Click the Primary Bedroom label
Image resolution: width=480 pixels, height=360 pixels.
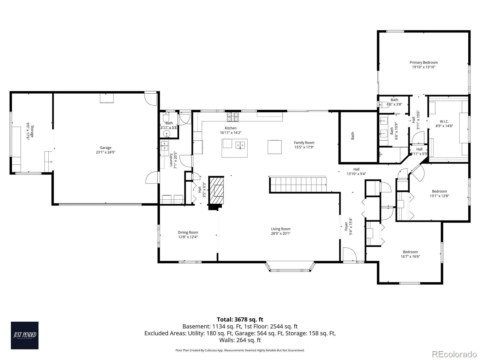424,62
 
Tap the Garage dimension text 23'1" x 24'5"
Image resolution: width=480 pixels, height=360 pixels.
106,152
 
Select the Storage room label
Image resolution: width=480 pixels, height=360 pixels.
32,131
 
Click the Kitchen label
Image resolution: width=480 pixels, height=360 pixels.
230,128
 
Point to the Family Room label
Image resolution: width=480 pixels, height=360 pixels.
304,142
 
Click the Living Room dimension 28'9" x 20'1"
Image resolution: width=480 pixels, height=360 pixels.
280,233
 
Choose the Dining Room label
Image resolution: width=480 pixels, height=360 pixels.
188,232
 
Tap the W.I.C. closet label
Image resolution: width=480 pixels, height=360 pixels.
444,121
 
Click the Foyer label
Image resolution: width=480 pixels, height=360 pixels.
346,226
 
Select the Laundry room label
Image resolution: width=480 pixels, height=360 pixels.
171,160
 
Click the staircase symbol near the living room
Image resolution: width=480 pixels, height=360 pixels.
298,185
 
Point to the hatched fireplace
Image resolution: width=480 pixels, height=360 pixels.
216,190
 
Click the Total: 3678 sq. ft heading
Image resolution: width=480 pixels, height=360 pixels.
240,319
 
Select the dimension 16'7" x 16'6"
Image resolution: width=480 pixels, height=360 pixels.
410,256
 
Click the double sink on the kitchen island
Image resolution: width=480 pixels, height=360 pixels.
240,145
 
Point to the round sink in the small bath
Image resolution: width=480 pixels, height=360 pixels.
166,133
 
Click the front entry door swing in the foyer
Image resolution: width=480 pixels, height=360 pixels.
350,254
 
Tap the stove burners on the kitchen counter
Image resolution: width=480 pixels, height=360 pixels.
233,117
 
